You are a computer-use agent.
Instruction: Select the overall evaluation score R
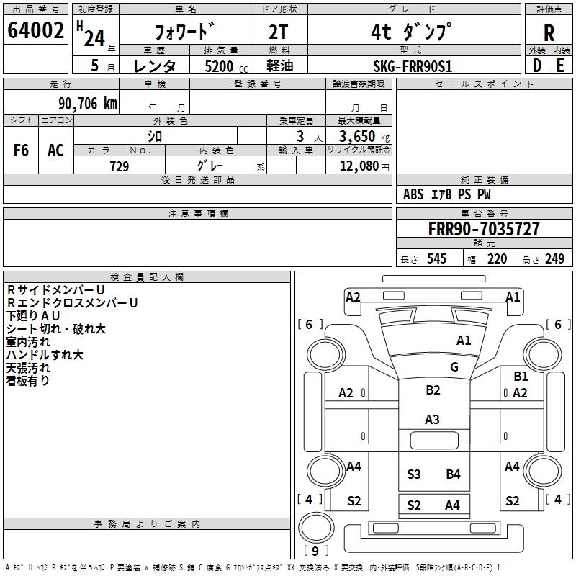(x=549, y=33)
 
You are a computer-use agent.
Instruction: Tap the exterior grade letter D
(x=536, y=65)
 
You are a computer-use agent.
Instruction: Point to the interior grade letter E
(x=560, y=65)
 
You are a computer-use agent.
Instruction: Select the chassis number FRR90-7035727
(x=484, y=229)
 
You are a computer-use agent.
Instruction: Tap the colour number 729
(x=120, y=166)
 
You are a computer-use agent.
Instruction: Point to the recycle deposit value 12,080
(x=359, y=166)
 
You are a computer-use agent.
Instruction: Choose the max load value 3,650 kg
(x=359, y=136)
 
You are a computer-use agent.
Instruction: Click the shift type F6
(x=22, y=150)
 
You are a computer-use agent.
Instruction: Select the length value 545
(x=436, y=259)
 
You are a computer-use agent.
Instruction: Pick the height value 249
(x=554, y=259)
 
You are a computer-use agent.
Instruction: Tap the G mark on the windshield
(x=454, y=367)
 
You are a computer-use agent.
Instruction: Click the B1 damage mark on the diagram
(x=521, y=376)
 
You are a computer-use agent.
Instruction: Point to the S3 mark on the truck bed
(x=414, y=474)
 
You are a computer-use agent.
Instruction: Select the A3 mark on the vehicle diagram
(x=432, y=419)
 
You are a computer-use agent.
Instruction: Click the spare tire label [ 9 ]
(x=316, y=552)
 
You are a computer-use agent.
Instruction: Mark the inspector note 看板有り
(x=28, y=381)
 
